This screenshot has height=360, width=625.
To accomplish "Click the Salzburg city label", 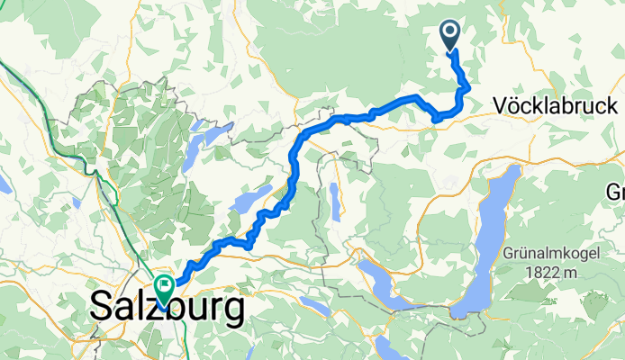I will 168,309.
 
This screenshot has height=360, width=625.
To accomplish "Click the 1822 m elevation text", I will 557,272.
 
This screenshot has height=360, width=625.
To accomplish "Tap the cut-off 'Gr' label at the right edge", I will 615,193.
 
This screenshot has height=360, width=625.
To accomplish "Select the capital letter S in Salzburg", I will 101,309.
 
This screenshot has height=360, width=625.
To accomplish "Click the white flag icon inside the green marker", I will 165,285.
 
